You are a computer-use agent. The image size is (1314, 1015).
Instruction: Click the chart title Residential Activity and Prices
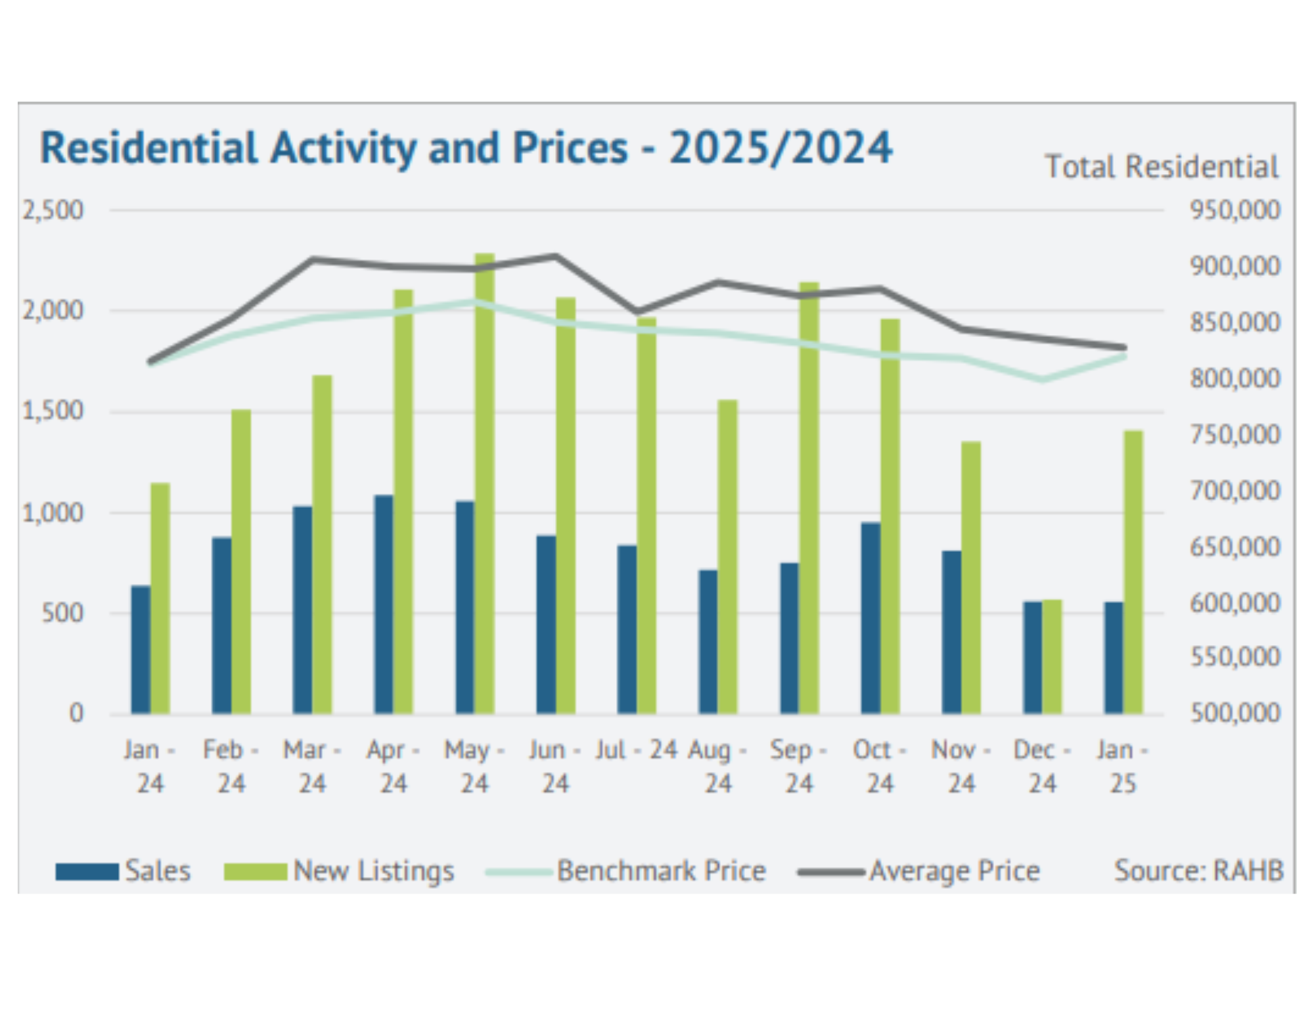466,148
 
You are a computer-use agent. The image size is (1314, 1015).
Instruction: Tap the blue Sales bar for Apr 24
384,604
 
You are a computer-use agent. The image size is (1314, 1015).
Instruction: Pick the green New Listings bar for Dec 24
1052,656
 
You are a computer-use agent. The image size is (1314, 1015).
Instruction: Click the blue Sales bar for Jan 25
1114,658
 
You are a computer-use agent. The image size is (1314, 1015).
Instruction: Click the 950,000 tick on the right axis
1235,211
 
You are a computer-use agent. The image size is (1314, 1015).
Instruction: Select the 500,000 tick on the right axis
1235,713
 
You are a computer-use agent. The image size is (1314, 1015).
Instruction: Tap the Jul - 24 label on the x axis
636,750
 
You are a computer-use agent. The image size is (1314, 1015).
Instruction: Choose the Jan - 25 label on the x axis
1123,766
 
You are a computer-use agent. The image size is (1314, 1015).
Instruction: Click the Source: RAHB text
1198,871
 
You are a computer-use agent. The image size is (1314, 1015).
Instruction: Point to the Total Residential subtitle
1162,167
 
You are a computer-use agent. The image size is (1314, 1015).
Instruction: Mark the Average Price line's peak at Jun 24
556,256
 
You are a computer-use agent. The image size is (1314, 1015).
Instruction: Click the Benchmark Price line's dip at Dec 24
1043,379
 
